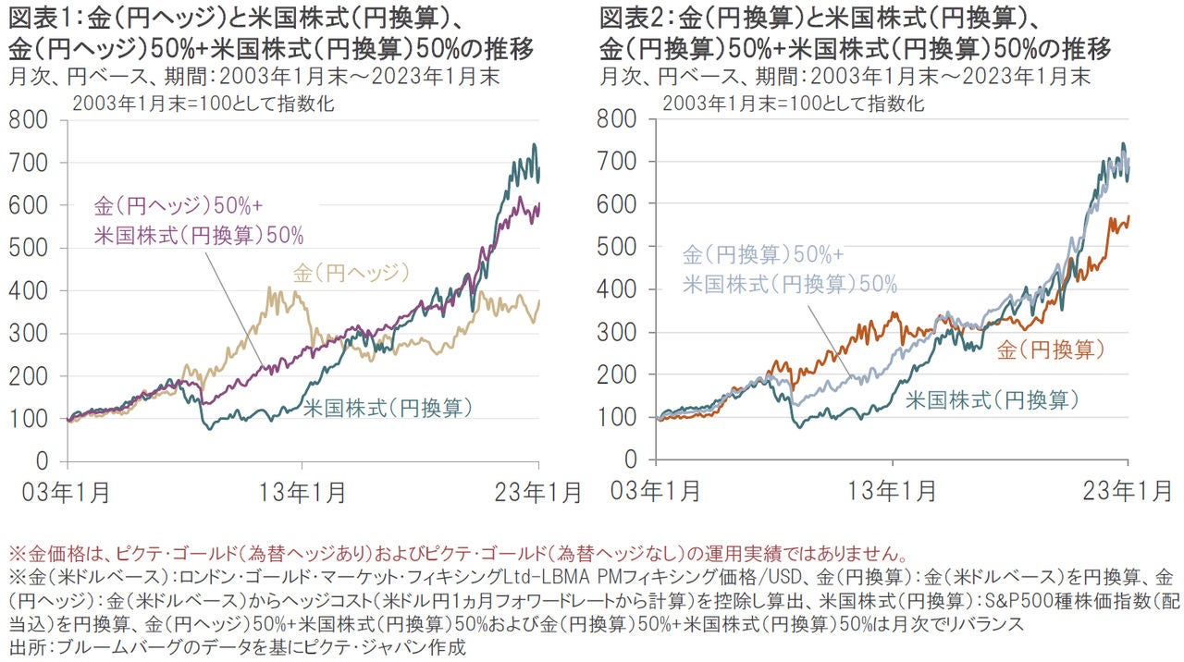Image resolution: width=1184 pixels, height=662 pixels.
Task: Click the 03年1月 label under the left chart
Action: [x=68, y=492]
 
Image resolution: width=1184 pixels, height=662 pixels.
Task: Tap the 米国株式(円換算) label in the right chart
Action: [x=992, y=400]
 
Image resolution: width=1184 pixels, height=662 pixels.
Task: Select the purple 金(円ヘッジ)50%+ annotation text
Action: [x=184, y=205]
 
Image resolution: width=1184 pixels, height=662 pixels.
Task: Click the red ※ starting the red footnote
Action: [x=14, y=557]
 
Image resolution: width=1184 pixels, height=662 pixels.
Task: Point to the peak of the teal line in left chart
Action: [x=534, y=145]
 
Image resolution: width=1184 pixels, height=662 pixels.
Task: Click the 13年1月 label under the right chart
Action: [x=892, y=492]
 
